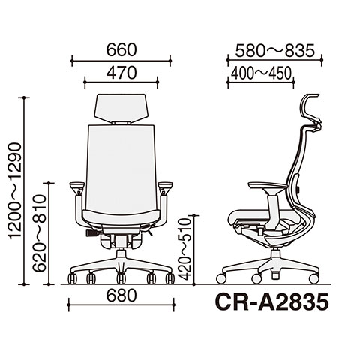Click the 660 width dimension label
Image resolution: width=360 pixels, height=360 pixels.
coord(121,49)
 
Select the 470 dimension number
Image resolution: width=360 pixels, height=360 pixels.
coord(121,73)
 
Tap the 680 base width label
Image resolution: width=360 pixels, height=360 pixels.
coord(121,295)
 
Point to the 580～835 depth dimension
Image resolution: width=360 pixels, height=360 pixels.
coord(274,51)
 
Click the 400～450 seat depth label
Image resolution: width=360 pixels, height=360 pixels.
coord(261,73)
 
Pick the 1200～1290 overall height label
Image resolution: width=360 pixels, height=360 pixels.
coord(16,191)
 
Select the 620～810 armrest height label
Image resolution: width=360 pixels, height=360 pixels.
coord(40,232)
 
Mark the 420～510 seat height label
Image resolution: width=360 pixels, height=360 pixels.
coord(185,249)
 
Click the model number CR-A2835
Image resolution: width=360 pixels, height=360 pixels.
coord(271,302)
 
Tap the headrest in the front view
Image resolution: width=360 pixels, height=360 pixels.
coord(121,108)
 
